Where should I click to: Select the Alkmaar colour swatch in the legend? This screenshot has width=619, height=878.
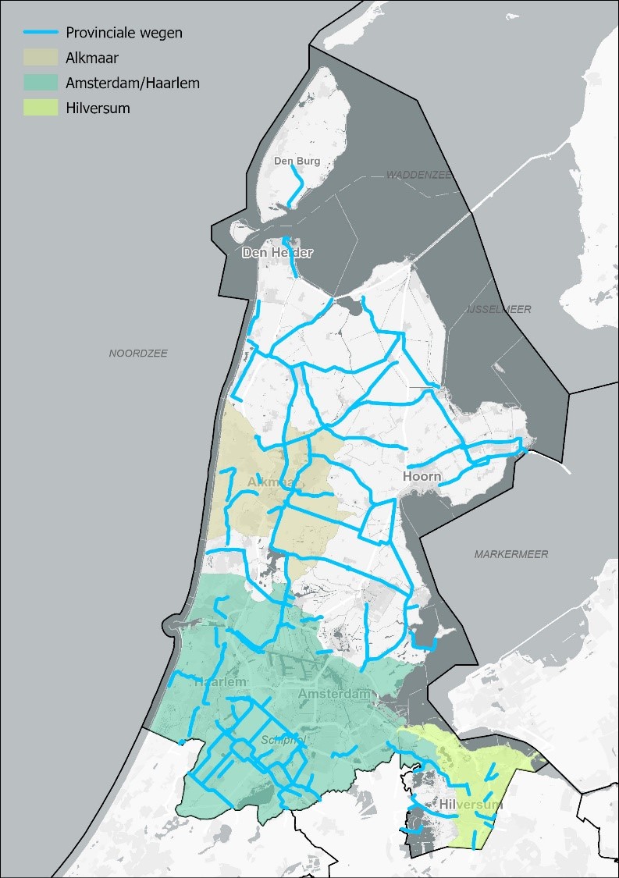point(41,58)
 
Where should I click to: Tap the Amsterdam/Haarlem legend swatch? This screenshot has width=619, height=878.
point(41,83)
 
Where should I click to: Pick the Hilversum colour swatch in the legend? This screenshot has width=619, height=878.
point(41,108)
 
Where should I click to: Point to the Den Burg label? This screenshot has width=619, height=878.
point(297,161)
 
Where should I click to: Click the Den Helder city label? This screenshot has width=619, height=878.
point(277,253)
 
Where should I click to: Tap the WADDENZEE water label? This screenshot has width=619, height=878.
point(419,175)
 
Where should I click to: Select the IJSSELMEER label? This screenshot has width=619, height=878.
point(499,309)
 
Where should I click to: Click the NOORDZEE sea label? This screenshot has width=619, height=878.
point(138,354)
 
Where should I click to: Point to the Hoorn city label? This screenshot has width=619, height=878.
point(422,476)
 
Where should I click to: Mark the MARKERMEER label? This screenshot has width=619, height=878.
point(511,554)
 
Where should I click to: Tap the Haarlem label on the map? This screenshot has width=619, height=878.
point(221,681)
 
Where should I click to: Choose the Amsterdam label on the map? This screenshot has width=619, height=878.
point(333,694)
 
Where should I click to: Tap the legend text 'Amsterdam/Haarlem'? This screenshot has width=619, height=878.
point(133,83)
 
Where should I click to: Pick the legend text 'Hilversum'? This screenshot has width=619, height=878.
point(98,108)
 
